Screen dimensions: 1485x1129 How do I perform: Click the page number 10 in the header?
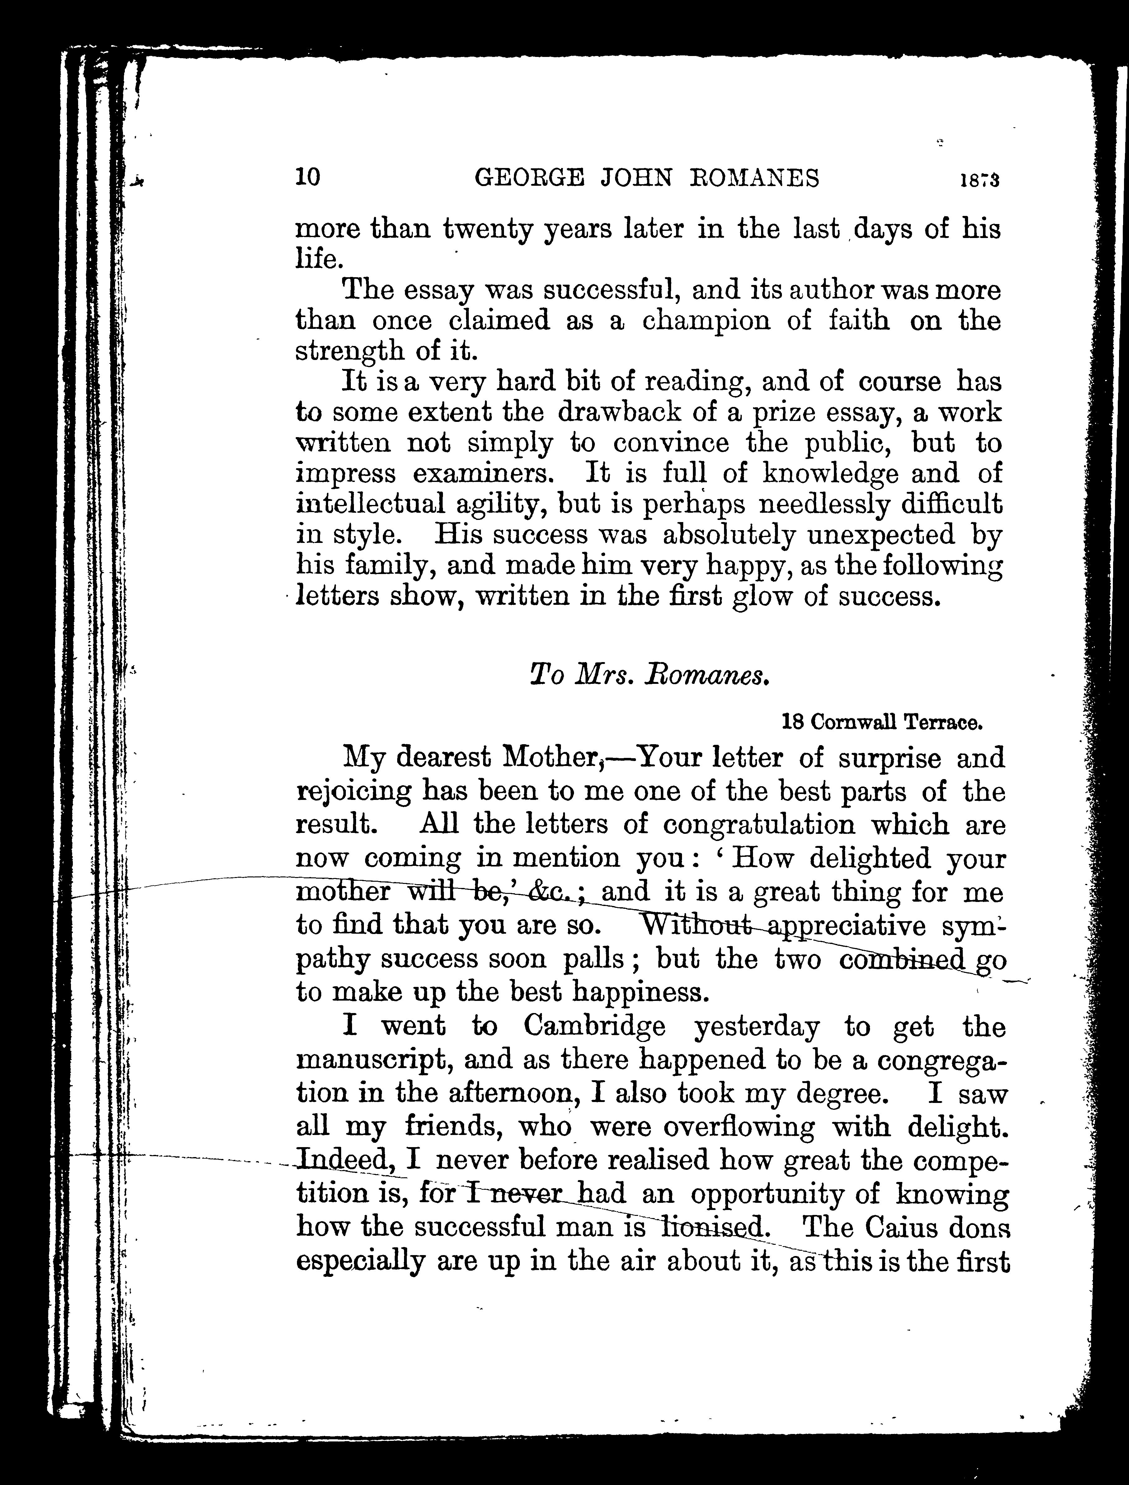308,177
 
